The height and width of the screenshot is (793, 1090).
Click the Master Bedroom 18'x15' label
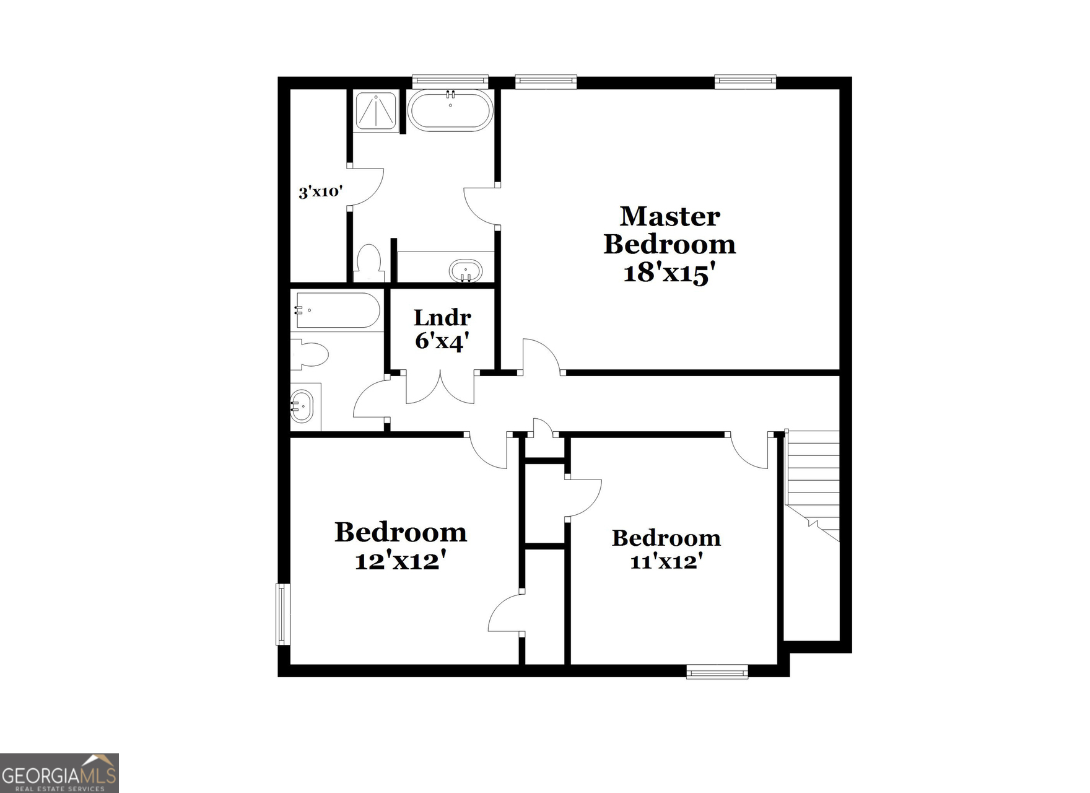[x=669, y=245]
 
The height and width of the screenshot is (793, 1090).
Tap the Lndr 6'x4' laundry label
[x=442, y=329]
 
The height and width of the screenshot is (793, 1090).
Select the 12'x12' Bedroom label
[x=400, y=546]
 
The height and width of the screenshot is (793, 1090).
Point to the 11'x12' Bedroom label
[x=666, y=549]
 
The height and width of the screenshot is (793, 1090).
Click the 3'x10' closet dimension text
[x=320, y=191]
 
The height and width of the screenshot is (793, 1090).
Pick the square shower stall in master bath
[x=375, y=110]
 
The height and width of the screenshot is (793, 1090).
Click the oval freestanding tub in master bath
[x=450, y=110]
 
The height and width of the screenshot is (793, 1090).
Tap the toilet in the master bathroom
[x=369, y=263]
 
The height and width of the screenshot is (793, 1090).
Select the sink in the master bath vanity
[x=465, y=271]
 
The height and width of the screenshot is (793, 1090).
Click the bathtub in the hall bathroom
[x=338, y=310]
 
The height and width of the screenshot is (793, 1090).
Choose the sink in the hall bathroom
[x=302, y=406]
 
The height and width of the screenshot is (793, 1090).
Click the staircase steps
[x=813, y=483]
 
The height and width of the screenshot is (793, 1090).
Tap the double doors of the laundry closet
[x=440, y=387]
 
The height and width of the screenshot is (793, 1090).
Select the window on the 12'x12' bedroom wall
[x=283, y=614]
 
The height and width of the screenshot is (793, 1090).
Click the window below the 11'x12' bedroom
[x=717, y=672]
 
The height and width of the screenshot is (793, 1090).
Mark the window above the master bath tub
[x=450, y=81]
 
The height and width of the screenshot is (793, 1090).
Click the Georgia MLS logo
[x=59, y=773]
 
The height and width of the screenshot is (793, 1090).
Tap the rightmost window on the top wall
[x=745, y=81]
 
